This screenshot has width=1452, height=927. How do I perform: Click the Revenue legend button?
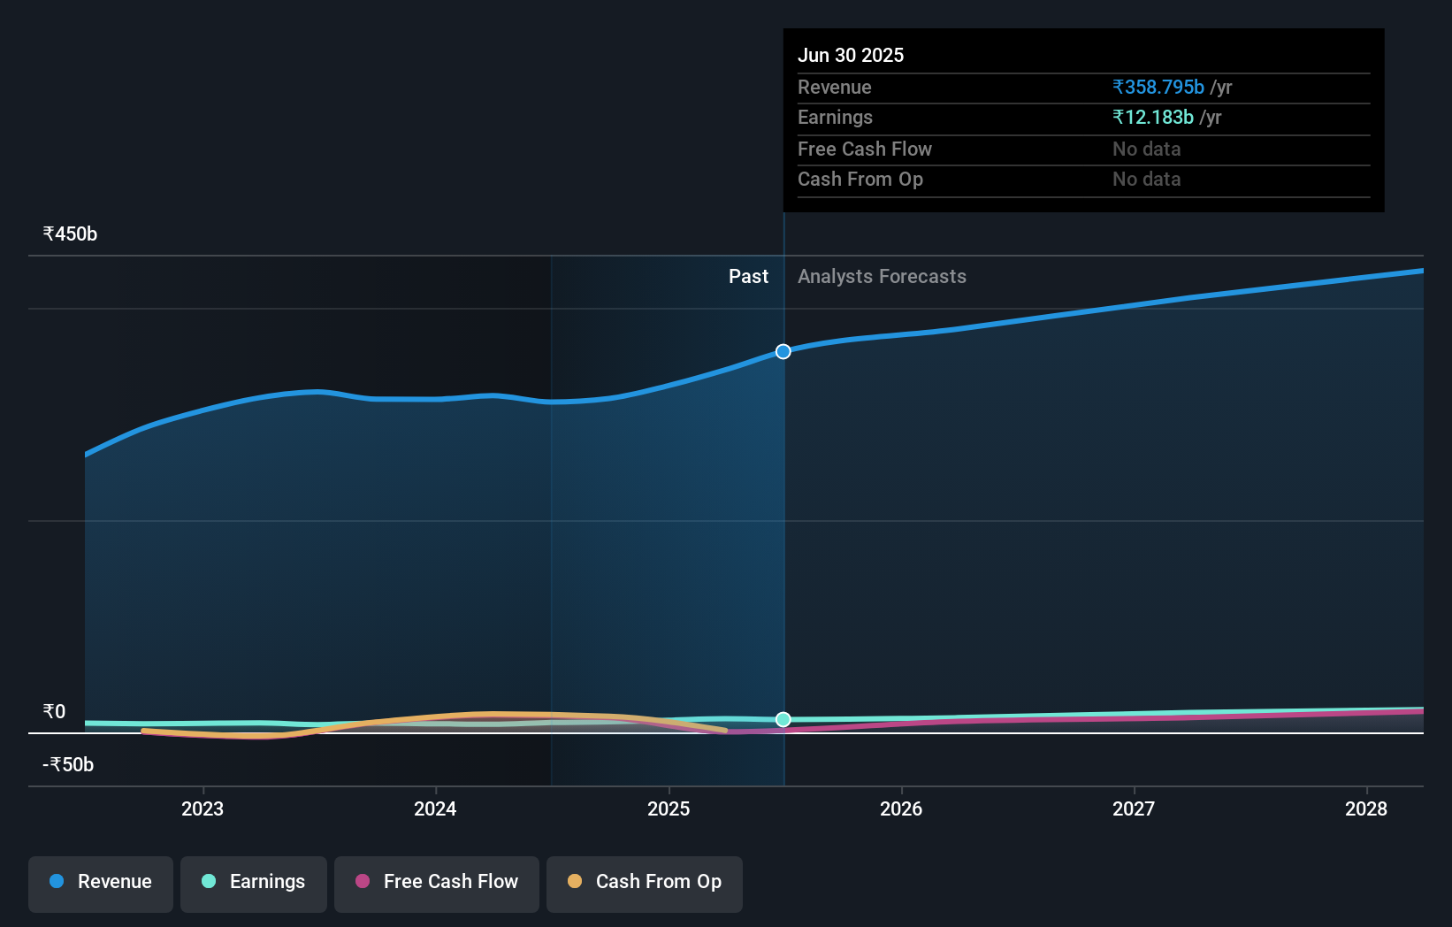[x=101, y=882]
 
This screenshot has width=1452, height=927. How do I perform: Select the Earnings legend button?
[x=254, y=882]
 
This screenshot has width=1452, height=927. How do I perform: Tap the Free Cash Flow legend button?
[x=437, y=882]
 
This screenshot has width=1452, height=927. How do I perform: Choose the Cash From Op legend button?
[x=645, y=882]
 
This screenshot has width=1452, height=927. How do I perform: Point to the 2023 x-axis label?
[x=203, y=809]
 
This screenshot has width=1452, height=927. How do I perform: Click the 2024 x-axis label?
[x=435, y=809]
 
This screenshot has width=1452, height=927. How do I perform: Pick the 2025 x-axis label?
[x=669, y=809]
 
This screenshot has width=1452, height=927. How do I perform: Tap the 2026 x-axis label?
[x=901, y=809]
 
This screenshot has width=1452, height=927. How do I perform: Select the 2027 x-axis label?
[x=1134, y=809]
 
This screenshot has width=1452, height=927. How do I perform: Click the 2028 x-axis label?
[x=1366, y=809]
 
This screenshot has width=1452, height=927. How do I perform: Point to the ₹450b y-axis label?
[x=70, y=234]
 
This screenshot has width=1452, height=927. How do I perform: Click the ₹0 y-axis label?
[x=55, y=712]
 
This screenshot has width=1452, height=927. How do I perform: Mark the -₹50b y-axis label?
[x=68, y=765]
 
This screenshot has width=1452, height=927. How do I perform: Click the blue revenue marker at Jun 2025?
[x=783, y=352]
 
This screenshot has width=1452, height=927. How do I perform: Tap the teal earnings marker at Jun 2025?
[x=783, y=720]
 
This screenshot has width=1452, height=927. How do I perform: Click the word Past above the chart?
[x=748, y=277]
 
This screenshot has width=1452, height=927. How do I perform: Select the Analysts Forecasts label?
[x=882, y=277]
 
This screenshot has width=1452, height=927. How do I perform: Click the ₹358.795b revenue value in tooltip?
[x=1158, y=88]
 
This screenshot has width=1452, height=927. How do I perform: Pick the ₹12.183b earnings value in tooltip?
[x=1153, y=118]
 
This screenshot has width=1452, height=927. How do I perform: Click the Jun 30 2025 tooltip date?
[x=851, y=56]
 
